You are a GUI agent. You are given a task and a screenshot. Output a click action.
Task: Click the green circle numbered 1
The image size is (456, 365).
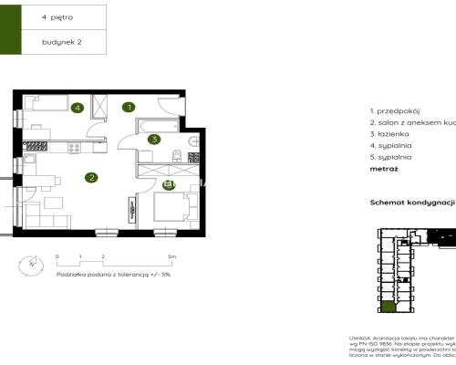tap(130, 107)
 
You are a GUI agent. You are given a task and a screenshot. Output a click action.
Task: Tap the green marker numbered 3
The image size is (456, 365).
tap(155, 140)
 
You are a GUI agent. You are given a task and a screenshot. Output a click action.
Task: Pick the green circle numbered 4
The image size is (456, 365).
tap(78, 108)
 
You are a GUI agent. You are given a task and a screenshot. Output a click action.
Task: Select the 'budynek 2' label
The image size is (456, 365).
tap(59, 42)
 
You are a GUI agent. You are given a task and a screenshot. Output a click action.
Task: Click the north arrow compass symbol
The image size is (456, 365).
tap(32, 266)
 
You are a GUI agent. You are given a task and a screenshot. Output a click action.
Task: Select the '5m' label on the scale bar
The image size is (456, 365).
tap(171, 258)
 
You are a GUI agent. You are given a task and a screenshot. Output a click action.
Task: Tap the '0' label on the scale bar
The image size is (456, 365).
tap(57, 258)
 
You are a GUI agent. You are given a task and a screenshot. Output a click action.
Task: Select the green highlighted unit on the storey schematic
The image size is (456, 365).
tap(389, 308)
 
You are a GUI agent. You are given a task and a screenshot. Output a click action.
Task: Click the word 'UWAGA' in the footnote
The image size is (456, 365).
tap(360, 337)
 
